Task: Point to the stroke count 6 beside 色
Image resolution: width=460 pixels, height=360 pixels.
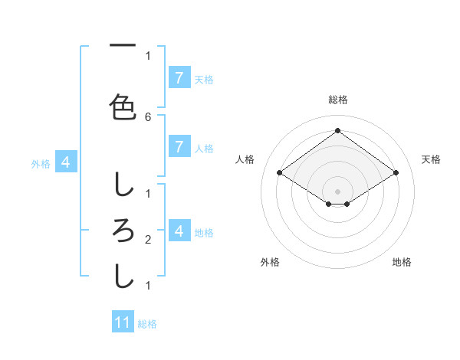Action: [x=148, y=116]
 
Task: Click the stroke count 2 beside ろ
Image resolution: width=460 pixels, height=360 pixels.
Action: [x=148, y=241]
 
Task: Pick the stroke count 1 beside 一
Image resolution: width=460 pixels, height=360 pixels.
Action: [x=148, y=55]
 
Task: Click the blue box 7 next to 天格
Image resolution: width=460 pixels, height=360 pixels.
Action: [x=179, y=77]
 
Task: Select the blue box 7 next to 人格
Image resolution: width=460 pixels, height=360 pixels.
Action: [x=179, y=147]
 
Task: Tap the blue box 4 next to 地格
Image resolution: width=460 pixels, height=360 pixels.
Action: [x=179, y=231]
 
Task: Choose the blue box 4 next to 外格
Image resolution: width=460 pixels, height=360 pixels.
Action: [x=66, y=162]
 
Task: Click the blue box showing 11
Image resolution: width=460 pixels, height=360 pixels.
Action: [x=123, y=322]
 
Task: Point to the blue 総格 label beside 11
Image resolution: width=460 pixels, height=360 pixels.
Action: [x=147, y=324]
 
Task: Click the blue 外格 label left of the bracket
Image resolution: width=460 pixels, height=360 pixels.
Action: [x=40, y=163]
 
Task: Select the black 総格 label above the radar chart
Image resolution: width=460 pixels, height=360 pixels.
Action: [x=337, y=100]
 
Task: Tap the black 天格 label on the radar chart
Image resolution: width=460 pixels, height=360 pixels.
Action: [x=431, y=159]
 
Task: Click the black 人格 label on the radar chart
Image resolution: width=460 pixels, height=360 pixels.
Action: [x=245, y=159]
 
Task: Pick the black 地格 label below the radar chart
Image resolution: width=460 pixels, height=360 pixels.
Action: [x=402, y=262]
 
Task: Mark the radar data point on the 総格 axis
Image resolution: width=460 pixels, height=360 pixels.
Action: [x=337, y=130]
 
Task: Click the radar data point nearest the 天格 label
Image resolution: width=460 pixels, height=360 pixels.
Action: [x=396, y=173]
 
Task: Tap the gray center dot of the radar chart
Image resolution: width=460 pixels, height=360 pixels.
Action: [x=337, y=191]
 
